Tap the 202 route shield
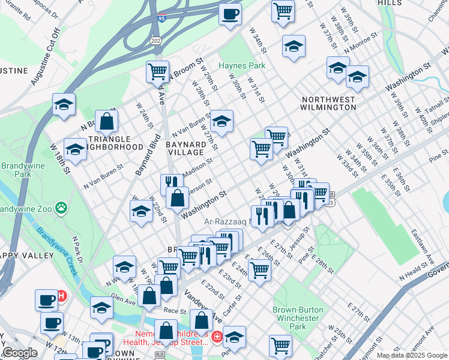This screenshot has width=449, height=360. pyautogui.click(x=155, y=40)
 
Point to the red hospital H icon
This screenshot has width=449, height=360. pyautogui.click(x=61, y=296)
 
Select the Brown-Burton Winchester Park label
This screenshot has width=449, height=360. pyautogui.click(x=298, y=318)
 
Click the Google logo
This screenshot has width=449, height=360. pyautogui.click(x=20, y=353)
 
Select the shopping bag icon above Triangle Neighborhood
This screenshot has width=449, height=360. pyautogui.click(x=106, y=121)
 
